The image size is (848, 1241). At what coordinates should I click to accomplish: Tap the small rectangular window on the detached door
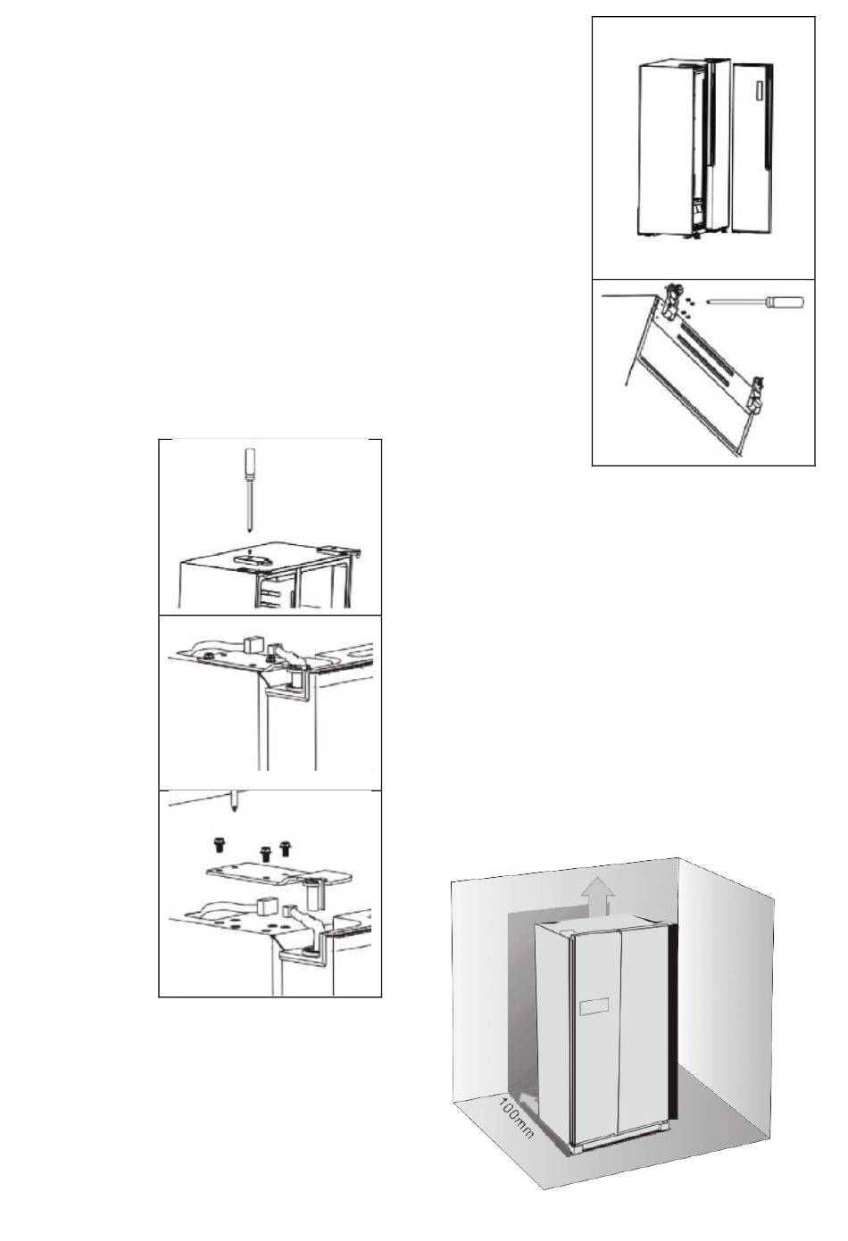click(758, 92)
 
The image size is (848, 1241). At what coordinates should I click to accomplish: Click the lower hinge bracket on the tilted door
click(757, 395)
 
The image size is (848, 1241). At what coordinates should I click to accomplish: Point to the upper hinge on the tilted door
click(672, 301)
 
